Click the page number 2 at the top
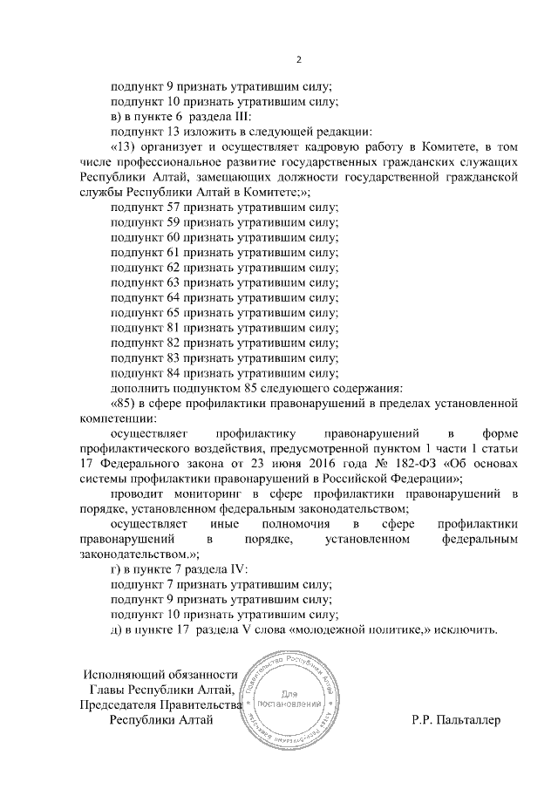298,60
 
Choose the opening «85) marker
126,403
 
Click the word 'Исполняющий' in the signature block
122,675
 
